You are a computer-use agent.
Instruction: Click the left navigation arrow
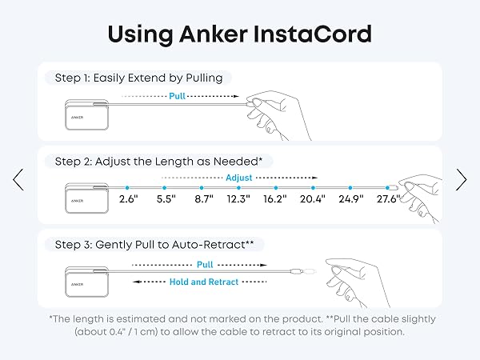(18, 180)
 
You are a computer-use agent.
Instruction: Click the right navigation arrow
(462, 180)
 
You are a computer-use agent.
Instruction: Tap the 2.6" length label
(129, 199)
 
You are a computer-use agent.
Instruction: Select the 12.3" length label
(238, 199)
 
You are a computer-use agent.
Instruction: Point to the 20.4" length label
(313, 199)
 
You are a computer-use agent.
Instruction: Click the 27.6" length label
(389, 199)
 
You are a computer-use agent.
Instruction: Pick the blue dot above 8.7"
(202, 188)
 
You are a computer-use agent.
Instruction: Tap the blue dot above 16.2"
(276, 188)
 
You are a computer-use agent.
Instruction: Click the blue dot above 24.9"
(350, 188)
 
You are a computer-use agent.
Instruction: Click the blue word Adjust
(238, 178)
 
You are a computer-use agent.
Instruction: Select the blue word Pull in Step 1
(178, 96)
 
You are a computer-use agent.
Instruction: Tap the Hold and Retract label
(204, 282)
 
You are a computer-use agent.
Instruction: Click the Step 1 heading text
(138, 78)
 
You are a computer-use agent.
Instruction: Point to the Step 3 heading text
(154, 245)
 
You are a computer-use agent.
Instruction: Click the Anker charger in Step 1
(86, 114)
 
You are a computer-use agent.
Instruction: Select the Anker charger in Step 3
(86, 282)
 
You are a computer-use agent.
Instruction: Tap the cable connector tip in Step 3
(309, 271)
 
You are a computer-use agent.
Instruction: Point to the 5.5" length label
(166, 199)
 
